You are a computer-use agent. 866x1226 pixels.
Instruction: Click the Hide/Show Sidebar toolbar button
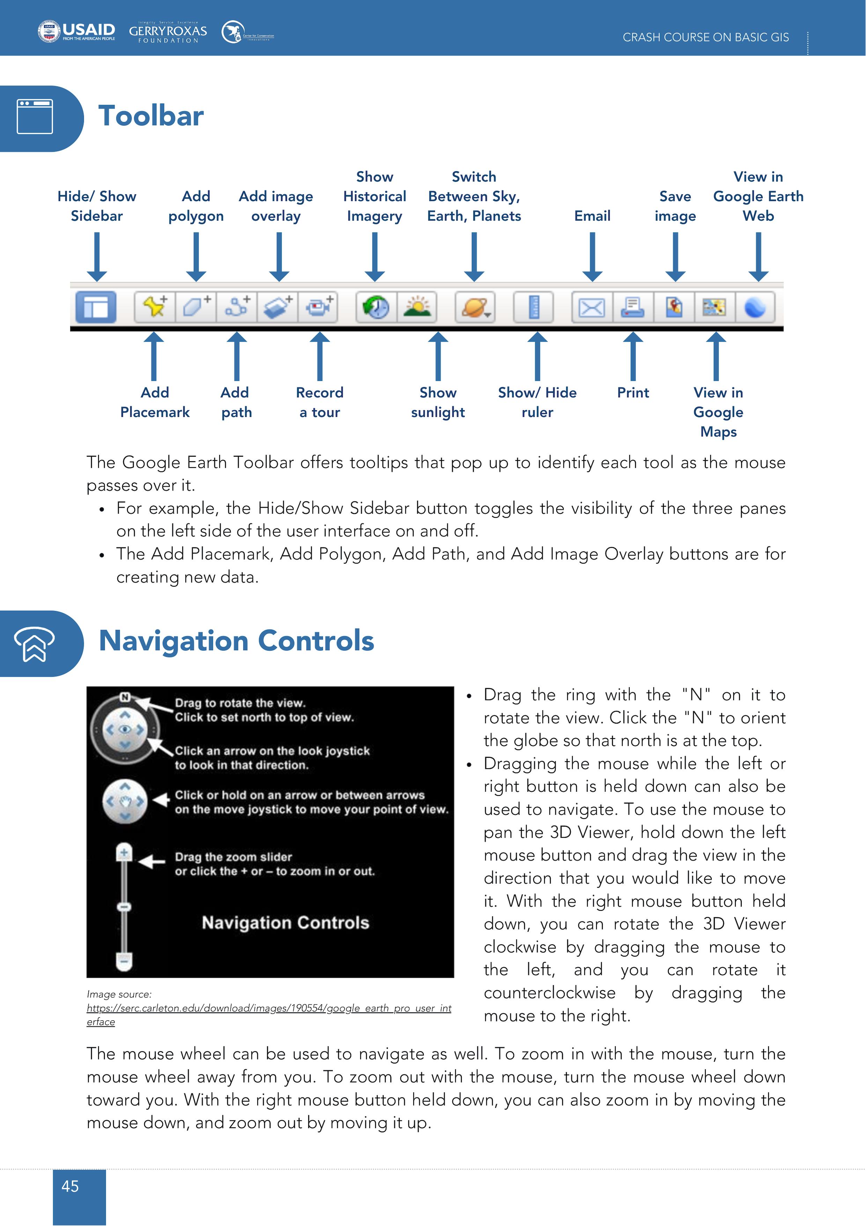point(96,307)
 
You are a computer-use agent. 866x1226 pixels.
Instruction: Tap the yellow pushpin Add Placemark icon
point(155,307)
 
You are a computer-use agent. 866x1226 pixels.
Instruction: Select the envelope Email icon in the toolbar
point(592,307)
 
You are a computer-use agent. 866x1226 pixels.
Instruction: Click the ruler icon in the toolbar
point(534,307)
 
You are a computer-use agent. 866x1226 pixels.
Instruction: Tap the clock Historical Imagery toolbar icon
point(376,307)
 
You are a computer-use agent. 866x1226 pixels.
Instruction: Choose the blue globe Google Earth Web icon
point(755,307)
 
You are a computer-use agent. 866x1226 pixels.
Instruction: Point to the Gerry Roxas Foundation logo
point(168,32)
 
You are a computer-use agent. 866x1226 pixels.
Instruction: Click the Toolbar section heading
point(151,116)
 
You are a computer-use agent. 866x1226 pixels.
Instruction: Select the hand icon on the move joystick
point(125,801)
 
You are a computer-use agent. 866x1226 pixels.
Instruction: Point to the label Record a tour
point(320,402)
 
